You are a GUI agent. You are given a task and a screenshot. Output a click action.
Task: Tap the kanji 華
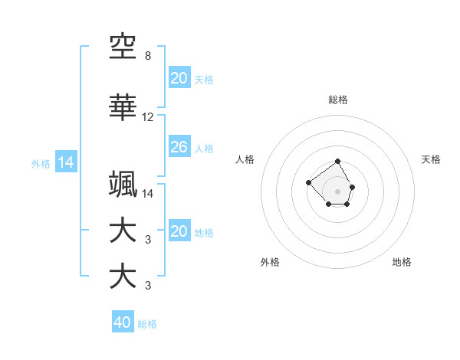click(123, 108)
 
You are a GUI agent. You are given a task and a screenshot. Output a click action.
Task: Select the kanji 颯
click(123, 185)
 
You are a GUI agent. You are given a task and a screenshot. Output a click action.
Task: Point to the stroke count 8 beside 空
click(147, 56)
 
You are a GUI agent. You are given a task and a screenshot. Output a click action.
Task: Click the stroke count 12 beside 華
click(148, 117)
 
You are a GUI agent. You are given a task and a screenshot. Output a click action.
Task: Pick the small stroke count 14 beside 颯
click(148, 194)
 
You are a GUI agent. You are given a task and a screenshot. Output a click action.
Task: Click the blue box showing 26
click(179, 147)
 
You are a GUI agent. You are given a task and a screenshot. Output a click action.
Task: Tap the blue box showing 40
click(122, 322)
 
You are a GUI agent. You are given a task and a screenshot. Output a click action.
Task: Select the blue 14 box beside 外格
click(65, 162)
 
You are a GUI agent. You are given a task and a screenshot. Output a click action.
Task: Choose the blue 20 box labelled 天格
click(179, 78)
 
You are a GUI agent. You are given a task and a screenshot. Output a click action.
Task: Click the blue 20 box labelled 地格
click(179, 231)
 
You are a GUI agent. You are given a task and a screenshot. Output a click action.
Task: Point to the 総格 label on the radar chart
click(338, 100)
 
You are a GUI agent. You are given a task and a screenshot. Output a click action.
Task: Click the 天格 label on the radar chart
click(432, 159)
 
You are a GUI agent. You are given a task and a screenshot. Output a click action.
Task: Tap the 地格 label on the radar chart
click(402, 262)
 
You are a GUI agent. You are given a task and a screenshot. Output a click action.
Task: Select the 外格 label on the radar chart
click(270, 262)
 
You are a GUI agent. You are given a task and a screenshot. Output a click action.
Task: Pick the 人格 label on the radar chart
click(245, 159)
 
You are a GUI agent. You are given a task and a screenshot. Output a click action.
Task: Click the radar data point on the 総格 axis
click(338, 162)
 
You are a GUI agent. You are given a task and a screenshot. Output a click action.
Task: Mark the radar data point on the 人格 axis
click(308, 182)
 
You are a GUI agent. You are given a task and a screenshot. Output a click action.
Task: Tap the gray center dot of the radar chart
click(338, 191)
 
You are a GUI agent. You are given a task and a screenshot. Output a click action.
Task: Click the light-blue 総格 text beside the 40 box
click(147, 324)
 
